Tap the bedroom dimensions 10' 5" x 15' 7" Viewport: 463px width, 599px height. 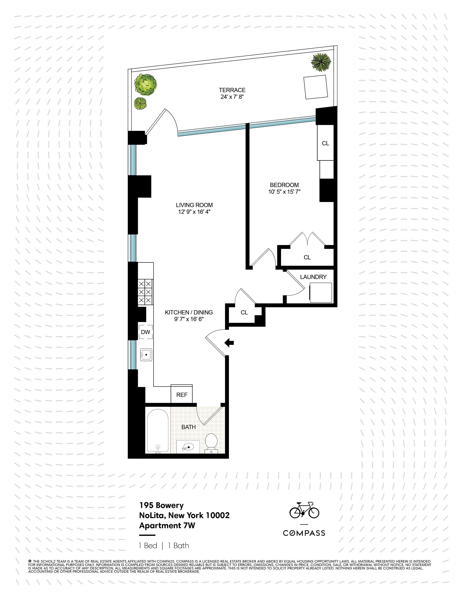284,192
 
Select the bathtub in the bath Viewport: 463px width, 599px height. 158,431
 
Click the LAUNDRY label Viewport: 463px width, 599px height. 313,277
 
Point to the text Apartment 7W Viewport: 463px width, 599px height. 167,526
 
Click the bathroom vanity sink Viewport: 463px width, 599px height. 188,447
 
